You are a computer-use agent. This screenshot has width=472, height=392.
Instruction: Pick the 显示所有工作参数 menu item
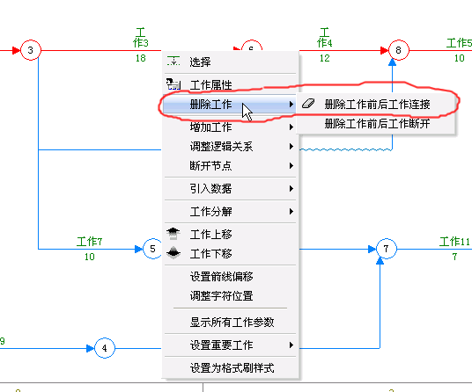click(231, 323)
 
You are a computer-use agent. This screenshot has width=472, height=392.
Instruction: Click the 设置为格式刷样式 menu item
click(231, 368)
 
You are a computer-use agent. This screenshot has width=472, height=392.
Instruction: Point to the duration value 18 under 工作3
click(141, 58)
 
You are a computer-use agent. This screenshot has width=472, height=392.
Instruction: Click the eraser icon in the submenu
click(308, 104)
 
